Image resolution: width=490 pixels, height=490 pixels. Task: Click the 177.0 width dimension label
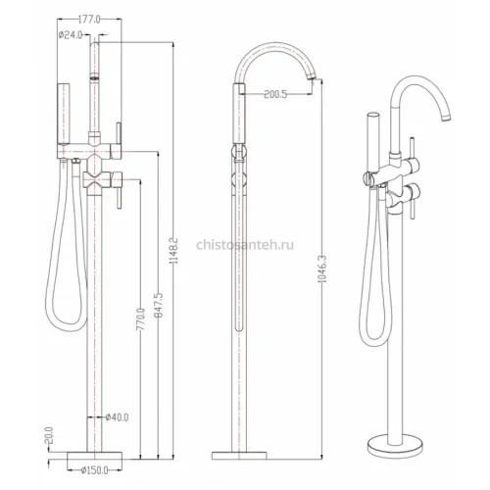click(89, 20)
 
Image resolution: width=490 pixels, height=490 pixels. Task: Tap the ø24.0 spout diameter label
click(71, 35)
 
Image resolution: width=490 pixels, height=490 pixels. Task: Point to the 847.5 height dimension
click(158, 305)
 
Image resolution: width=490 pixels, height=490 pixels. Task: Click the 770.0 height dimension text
click(140, 319)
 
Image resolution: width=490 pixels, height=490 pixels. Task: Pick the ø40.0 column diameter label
click(117, 417)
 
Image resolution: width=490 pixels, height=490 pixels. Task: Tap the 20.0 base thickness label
click(48, 436)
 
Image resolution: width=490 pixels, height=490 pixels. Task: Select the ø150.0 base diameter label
click(94, 470)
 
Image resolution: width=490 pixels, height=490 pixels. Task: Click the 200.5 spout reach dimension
click(275, 94)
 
